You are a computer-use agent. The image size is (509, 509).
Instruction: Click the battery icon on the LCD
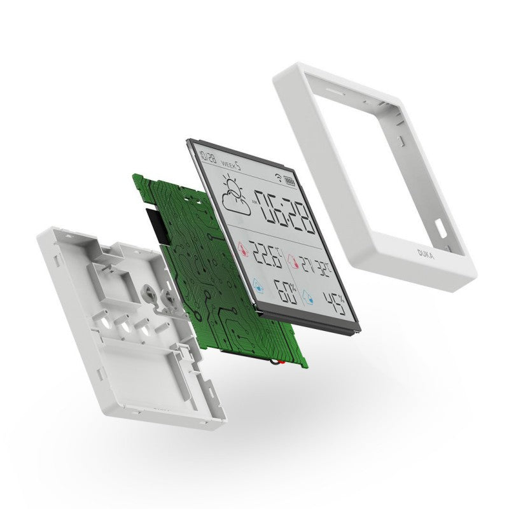(x=289, y=180)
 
